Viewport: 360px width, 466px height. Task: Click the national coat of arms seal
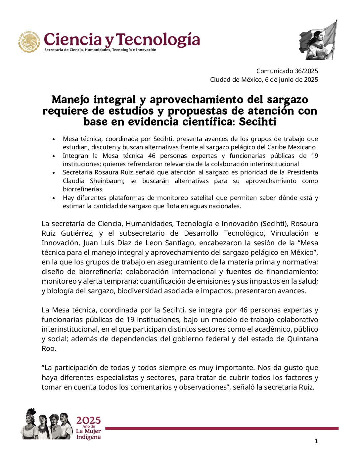(29, 42)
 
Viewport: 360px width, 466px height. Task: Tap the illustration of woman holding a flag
(318, 40)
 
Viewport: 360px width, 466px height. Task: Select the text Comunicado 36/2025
(287, 71)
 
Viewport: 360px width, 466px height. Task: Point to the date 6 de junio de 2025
(292, 79)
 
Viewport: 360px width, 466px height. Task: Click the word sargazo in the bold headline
(288, 99)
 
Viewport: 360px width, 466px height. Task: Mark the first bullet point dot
(54, 139)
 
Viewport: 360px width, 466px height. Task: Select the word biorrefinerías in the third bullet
(82, 189)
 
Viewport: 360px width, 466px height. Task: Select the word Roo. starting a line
(49, 348)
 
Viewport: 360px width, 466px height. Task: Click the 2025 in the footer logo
(88, 420)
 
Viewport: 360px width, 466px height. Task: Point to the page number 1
(316, 441)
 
